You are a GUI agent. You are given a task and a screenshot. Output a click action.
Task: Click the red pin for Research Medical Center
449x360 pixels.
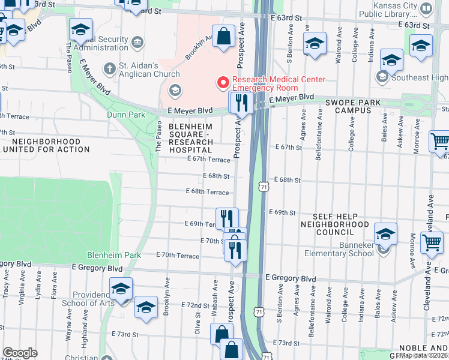click(223, 82)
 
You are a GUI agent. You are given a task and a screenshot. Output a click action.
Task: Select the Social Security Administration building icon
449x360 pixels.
click(138, 41)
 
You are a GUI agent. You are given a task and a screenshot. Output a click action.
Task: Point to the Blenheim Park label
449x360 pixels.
click(114, 255)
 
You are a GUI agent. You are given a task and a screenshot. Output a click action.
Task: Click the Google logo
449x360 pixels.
click(20, 352)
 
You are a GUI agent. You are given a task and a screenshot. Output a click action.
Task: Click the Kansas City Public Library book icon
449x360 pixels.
click(426, 8)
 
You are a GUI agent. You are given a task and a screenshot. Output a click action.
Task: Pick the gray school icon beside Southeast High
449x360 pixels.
click(382, 77)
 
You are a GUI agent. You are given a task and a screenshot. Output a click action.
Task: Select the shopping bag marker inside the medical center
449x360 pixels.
click(223, 36)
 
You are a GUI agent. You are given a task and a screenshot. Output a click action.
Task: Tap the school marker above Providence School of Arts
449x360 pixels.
click(121, 289)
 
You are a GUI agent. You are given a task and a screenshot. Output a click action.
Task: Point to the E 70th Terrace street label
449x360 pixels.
click(177, 256)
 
